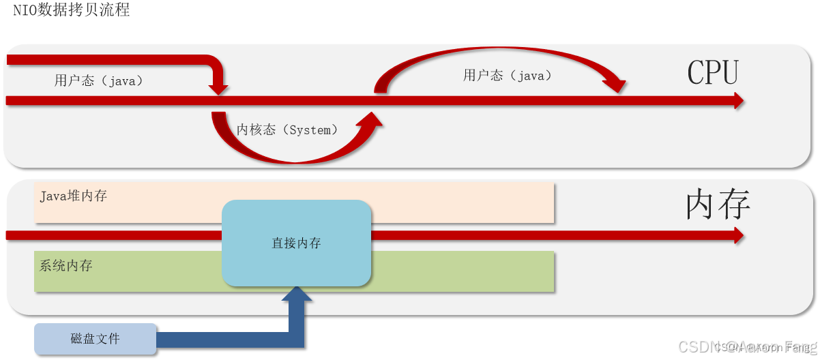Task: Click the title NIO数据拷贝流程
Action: pyautogui.click(x=71, y=10)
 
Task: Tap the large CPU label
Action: pyautogui.click(x=713, y=72)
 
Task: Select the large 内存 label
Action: pyautogui.click(x=718, y=204)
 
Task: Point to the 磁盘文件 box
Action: pyautogui.click(x=95, y=339)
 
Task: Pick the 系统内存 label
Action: pyautogui.click(x=66, y=266)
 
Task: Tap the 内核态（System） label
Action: pyautogui.click(x=287, y=130)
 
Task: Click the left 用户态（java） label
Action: pyautogui.click(x=100, y=80)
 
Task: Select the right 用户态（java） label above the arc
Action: pyautogui.click(x=508, y=75)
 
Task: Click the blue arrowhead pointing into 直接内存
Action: pyautogui.click(x=297, y=295)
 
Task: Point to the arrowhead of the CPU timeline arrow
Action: pyautogui.click(x=737, y=101)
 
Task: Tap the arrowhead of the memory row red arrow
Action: pyautogui.click(x=737, y=235)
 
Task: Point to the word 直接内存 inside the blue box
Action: pyautogui.click(x=296, y=243)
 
